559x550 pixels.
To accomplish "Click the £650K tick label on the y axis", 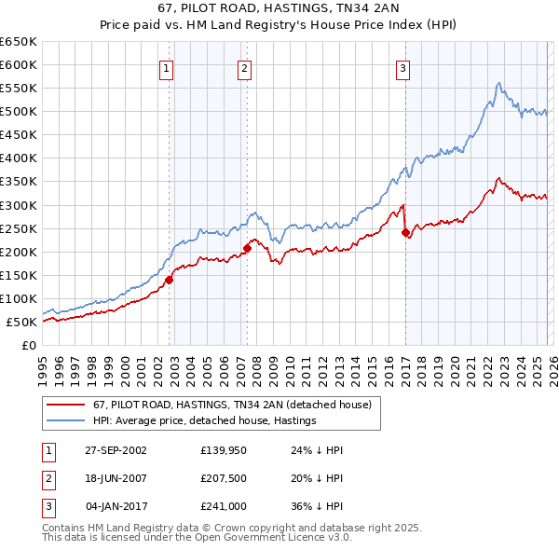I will click(19, 42).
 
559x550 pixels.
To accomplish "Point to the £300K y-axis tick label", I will click(19, 205).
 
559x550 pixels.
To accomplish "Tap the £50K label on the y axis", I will click(22, 322).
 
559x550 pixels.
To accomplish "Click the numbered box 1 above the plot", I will click(166, 67).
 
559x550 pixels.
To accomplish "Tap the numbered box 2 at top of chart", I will click(244, 67).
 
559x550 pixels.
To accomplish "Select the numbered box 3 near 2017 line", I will click(402, 67).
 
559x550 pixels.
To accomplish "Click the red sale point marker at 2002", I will click(170, 279).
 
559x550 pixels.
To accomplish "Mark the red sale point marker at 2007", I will click(248, 247).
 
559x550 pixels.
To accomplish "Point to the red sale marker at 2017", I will click(405, 232).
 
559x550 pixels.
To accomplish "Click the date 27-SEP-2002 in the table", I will click(116, 450).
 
